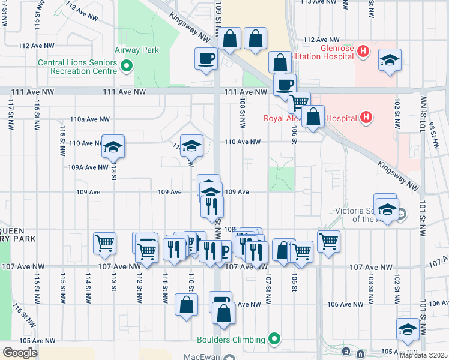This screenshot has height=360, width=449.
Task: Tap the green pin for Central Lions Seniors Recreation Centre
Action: (127, 66)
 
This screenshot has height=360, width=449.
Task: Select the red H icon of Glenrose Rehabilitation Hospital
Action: (363, 52)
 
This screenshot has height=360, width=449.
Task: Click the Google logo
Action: (20, 353)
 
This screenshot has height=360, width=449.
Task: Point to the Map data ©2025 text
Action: (423, 355)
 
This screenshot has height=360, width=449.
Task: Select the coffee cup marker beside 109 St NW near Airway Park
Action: (206, 59)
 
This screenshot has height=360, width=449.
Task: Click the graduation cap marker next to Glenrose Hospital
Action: (390, 61)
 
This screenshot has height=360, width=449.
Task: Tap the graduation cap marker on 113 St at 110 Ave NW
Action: (112, 146)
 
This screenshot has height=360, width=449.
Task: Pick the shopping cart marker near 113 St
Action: (104, 244)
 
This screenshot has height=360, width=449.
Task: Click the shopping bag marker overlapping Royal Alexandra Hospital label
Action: (313, 116)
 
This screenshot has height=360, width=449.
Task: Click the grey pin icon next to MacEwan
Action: (229, 358)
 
